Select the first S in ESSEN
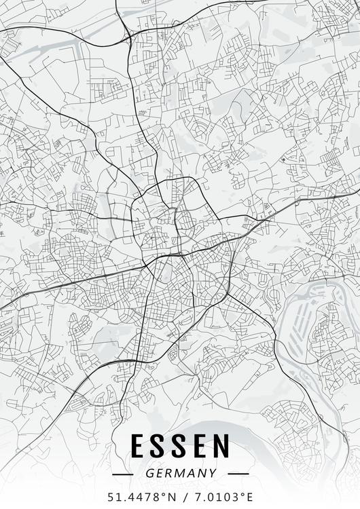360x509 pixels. point(158,447)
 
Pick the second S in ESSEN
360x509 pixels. point(179,447)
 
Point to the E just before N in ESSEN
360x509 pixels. point(199,447)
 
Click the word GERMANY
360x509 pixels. point(180,473)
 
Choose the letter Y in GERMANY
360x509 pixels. point(213,473)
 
